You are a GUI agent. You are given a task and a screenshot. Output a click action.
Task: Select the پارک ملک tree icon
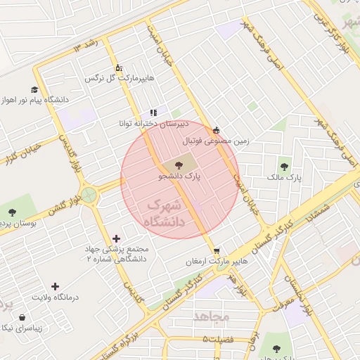(x=283, y=167)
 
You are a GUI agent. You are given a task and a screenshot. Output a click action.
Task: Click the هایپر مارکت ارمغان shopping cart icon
(x=217, y=250)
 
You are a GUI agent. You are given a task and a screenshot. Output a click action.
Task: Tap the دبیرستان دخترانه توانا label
(x=154, y=124)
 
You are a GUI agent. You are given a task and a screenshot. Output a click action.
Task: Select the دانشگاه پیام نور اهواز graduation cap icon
(x=34, y=89)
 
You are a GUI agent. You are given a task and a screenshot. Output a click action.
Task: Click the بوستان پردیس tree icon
(x=11, y=212)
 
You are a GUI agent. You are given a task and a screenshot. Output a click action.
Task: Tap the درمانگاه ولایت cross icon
(x=56, y=285)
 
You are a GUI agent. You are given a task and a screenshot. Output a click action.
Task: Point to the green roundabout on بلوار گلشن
(x=89, y=195)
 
